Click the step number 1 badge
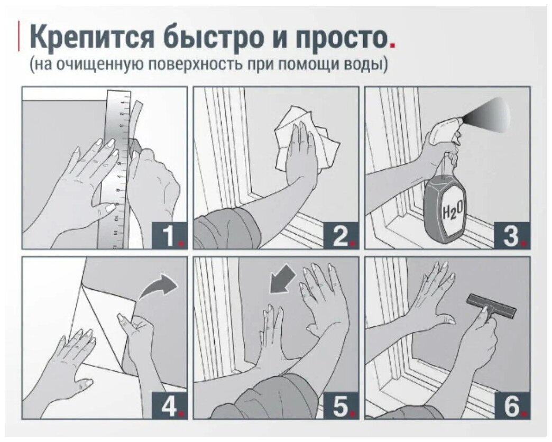(169, 235)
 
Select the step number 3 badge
(512, 235)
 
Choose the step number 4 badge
(169, 406)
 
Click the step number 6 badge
(512, 406)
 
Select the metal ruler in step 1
(118, 169)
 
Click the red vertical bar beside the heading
(19, 36)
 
